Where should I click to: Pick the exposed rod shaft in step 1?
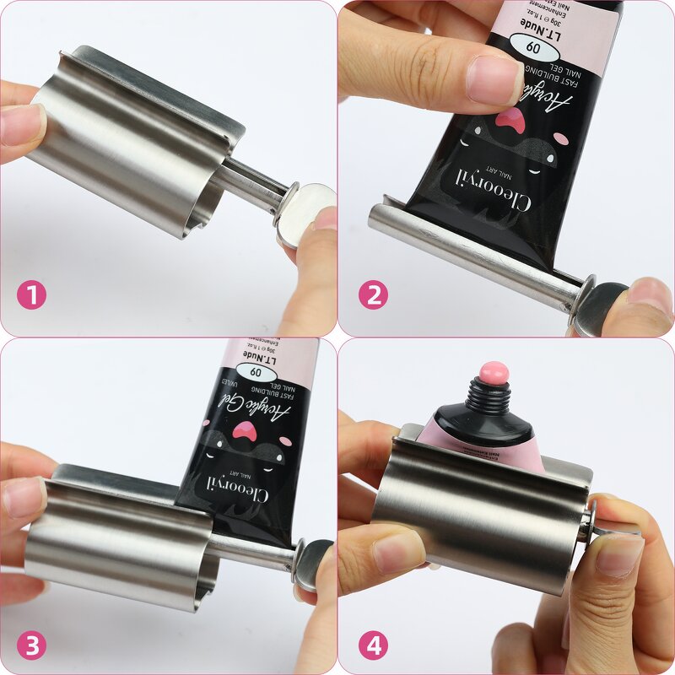coord(253,180)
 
